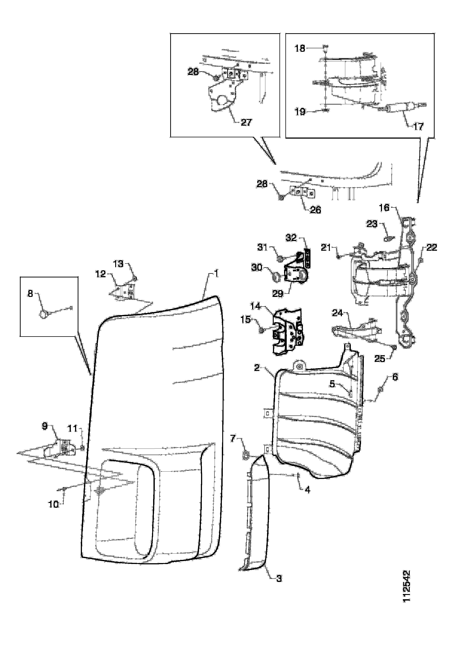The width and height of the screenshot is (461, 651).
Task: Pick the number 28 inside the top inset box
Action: (193, 72)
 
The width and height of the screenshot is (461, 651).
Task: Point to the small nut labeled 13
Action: (135, 278)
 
